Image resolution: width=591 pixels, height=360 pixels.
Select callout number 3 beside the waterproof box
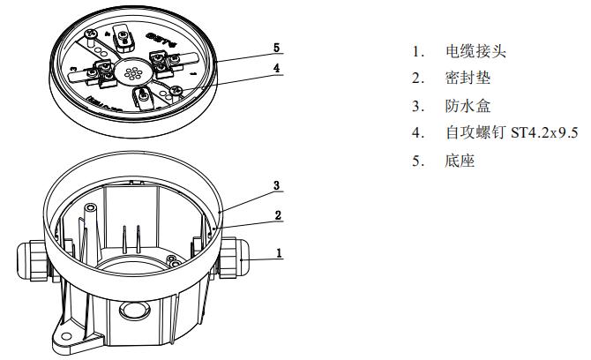pyautogui.click(x=276, y=185)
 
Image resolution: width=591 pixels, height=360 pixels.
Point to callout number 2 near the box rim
pyautogui.click(x=276, y=214)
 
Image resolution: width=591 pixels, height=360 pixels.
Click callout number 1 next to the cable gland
pyautogui.click(x=279, y=251)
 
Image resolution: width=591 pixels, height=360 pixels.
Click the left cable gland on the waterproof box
pyautogui.click(x=30, y=261)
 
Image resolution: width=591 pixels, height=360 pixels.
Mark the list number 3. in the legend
pyautogui.click(x=417, y=106)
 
